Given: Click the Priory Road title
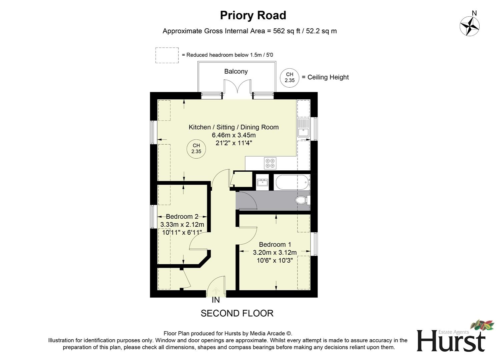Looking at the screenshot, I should pos(253,15).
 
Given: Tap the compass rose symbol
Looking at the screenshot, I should pos(470,26).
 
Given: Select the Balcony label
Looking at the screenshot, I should pos(236,71).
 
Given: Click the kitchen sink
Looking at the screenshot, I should pos(303,128).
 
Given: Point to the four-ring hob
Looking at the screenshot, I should pos(270,163).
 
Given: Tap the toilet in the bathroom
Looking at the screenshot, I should pos(302,200).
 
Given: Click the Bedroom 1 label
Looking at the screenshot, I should pos(275,244).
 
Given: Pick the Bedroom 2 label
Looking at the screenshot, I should pos(182,217).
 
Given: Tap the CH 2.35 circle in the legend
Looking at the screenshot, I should pos(290,77).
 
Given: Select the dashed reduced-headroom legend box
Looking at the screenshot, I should pos(167,55).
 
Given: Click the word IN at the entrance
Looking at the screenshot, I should pos(216,300).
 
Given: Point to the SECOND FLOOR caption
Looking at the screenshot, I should pos(237,313).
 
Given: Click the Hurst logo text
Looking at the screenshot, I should pos(450,341).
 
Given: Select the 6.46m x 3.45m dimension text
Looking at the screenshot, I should pos(233,135).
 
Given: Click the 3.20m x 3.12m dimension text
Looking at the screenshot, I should pos(275,252).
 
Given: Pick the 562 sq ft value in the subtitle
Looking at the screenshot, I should pos(284,31).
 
